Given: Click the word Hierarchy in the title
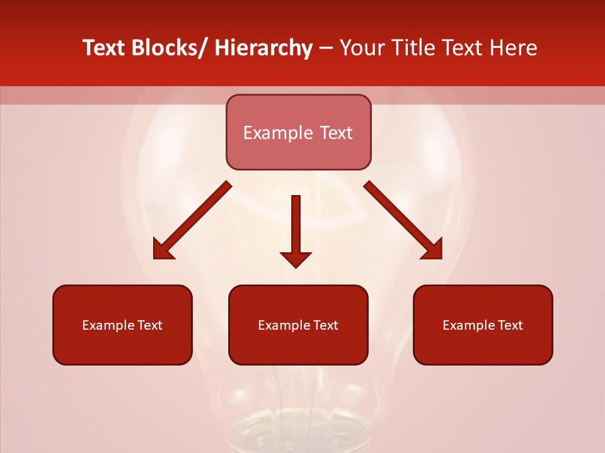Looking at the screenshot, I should (x=263, y=48).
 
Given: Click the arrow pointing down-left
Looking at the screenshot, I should (x=193, y=220).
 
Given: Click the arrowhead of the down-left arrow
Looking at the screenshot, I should (x=161, y=251).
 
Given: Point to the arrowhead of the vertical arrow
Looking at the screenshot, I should (x=296, y=259).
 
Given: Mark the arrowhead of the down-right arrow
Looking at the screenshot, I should (x=434, y=250).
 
